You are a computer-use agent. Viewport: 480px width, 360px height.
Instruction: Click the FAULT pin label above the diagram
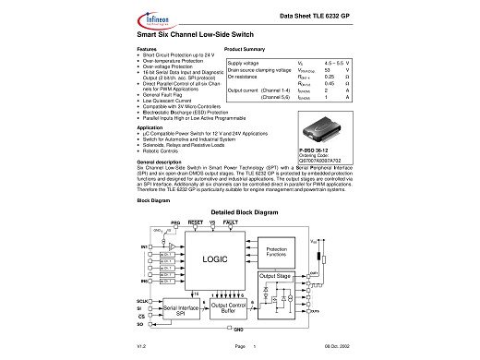click(233, 222)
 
